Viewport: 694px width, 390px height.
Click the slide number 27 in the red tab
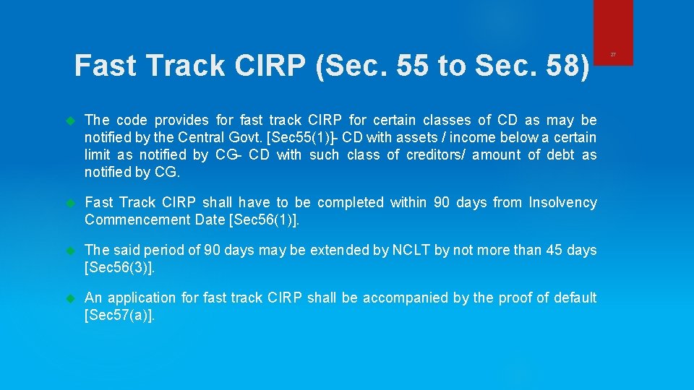(613, 54)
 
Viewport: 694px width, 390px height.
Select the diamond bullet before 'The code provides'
(71, 120)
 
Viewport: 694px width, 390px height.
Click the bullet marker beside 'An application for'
(71, 298)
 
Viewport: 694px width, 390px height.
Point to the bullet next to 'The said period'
(71, 250)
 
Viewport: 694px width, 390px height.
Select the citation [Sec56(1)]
(262, 220)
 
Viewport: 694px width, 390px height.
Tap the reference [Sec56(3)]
(119, 267)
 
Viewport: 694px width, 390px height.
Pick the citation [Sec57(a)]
(119, 315)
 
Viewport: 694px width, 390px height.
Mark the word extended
(338, 250)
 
